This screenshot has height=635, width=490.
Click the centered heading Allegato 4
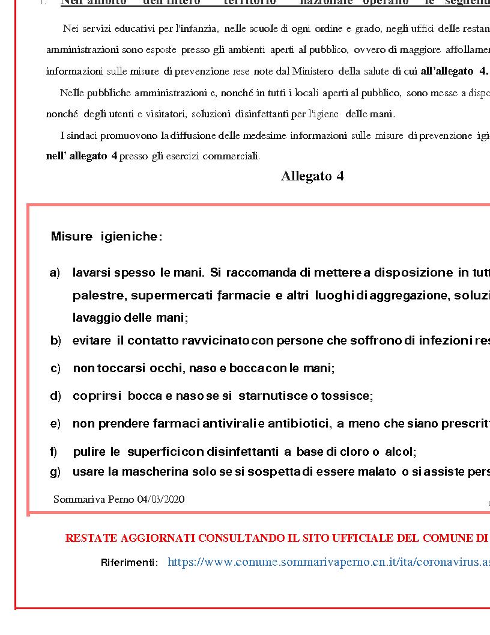click(312, 176)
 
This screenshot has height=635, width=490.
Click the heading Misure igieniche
click(106, 237)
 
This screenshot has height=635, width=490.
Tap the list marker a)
click(55, 273)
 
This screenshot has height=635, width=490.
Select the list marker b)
click(56, 341)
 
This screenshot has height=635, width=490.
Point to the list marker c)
click(55, 369)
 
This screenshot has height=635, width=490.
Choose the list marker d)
click(56, 396)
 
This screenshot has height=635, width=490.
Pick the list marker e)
click(56, 424)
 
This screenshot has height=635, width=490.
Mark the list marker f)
click(54, 452)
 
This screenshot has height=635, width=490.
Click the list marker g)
click(55, 472)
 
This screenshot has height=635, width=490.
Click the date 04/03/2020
click(160, 500)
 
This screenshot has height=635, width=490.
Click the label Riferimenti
click(129, 563)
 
